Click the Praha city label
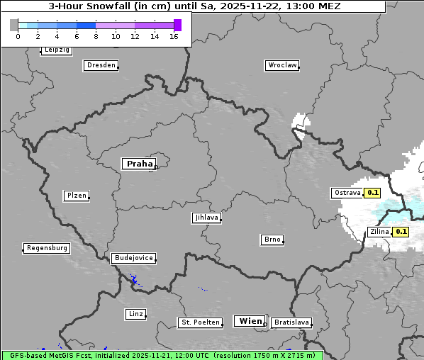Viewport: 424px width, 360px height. (138, 164)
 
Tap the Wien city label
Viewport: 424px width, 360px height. (250, 321)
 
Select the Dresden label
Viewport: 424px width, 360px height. (101, 65)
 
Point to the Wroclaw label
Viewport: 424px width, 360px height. (281, 65)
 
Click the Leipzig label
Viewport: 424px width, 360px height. (56, 50)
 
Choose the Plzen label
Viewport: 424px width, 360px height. (76, 196)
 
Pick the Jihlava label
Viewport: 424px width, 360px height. (206, 218)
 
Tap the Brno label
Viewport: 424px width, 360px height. (272, 240)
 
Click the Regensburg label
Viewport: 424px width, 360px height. (47, 248)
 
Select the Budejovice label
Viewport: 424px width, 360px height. (133, 258)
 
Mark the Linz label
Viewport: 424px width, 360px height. (135, 314)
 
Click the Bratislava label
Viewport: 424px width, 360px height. (291, 322)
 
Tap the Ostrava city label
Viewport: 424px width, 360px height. (347, 193)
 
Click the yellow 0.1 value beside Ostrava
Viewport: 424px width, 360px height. (373, 193)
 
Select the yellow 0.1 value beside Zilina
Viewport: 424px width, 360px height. (401, 232)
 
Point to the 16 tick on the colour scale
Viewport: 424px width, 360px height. (174, 36)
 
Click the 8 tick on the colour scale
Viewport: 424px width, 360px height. (96, 36)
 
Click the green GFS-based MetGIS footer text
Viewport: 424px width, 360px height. (162, 355)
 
